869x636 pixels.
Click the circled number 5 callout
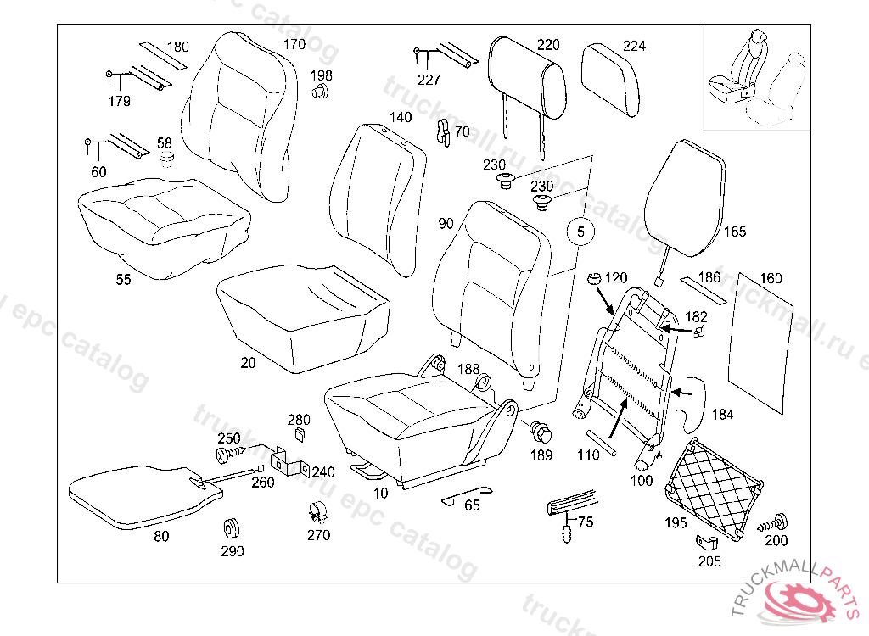tap(579, 231)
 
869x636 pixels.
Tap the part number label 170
tap(294, 44)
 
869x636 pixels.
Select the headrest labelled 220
tap(527, 78)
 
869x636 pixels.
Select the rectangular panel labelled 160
tap(765, 339)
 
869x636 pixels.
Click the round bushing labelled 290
tap(231, 528)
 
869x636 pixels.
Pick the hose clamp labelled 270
tap(317, 512)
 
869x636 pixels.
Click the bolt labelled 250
tap(228, 455)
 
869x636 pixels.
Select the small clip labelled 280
tap(300, 435)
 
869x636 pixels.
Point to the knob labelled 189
tap(540, 432)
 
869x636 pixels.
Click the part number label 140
tap(401, 117)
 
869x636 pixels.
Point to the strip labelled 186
tap(703, 292)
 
